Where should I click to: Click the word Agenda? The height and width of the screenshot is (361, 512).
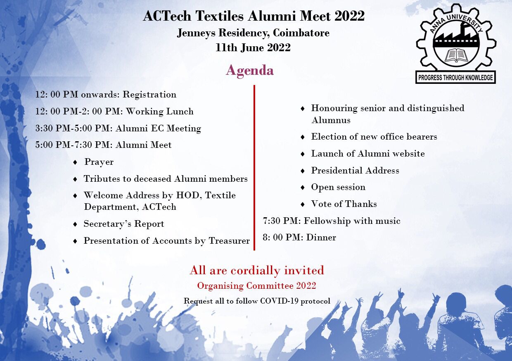[x=249, y=70]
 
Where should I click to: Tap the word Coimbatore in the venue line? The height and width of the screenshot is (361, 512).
[x=301, y=33]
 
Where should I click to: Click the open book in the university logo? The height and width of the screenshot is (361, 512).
[x=456, y=55]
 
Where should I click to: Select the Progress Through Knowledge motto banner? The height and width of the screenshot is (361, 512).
[x=455, y=78]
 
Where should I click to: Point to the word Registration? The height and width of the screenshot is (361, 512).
[x=149, y=95]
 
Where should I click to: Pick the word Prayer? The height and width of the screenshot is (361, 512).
[x=99, y=162]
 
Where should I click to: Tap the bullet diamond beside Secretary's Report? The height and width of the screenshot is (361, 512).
[x=75, y=224]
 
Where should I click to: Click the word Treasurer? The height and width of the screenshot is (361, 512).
[x=229, y=241]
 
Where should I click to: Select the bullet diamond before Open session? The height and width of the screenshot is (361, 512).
[x=303, y=188]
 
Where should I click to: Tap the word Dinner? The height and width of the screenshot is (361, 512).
[x=321, y=237]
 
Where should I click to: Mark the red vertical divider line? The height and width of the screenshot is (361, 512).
[x=254, y=168]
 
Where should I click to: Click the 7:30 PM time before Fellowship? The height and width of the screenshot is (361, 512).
[x=281, y=221]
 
